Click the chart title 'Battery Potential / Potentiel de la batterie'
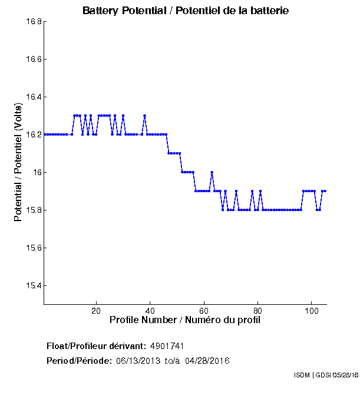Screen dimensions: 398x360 point(186,11)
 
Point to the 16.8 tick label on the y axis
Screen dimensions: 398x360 point(32,22)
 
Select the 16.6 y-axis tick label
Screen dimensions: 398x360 point(32,60)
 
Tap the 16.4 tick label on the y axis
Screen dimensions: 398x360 point(32,97)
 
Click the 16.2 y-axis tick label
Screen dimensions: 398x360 point(32,135)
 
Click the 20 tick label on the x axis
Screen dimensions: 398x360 point(96,311)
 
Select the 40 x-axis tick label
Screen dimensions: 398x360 point(150,311)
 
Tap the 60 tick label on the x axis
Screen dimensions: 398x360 point(204,311)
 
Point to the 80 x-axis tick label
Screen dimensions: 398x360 point(257,311)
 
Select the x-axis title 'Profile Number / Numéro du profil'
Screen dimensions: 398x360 point(185,320)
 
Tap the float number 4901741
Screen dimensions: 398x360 point(171,346)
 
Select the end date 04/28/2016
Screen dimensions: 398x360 point(207,360)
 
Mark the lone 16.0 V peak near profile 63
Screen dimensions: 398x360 point(212,172)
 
